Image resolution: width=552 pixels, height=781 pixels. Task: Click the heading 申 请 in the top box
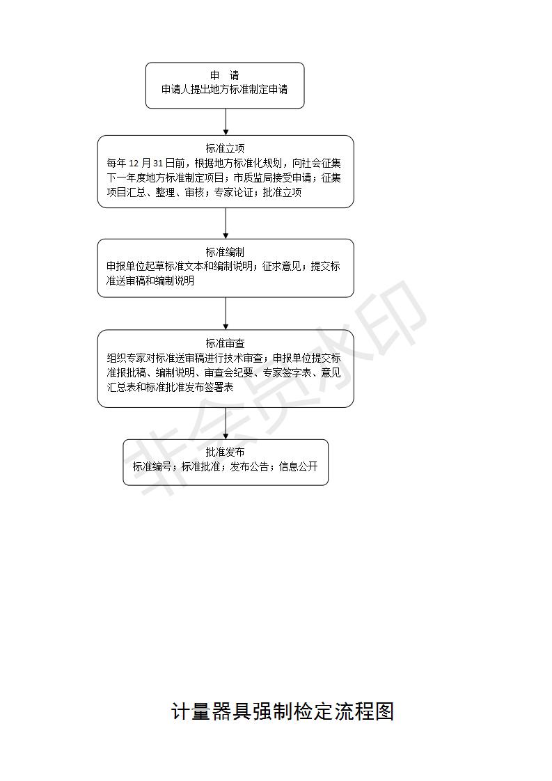point(225,76)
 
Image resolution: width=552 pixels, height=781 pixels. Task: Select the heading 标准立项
point(225,148)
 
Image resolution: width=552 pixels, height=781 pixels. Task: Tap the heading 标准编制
point(225,252)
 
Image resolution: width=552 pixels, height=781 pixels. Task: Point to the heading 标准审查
point(225,343)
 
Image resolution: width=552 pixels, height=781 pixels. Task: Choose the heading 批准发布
point(225,452)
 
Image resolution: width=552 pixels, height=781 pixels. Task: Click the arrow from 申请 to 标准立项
point(226,122)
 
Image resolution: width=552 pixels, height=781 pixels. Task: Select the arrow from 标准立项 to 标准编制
point(226,223)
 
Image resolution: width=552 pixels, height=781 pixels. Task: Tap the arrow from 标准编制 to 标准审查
point(226,313)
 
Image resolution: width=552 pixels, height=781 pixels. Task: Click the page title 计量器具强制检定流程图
point(283,711)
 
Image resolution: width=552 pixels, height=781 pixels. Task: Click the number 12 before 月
point(134,164)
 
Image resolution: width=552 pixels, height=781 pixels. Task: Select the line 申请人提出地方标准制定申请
point(225,90)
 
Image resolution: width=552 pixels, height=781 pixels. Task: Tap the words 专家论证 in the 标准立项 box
point(234,192)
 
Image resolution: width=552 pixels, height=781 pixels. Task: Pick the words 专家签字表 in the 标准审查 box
point(287,372)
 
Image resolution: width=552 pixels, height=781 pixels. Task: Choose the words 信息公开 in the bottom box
point(299,466)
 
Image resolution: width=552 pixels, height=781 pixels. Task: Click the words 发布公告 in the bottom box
point(250,466)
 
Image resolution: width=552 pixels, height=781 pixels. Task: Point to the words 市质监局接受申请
point(272,177)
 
